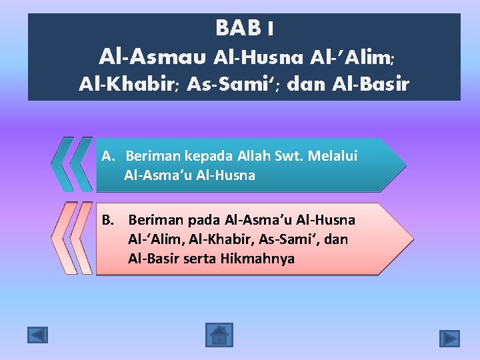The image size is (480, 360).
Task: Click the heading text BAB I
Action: [244, 29]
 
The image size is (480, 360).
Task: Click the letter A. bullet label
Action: [110, 156]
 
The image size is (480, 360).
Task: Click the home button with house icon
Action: [218, 335]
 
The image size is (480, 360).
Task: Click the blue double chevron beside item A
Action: [72, 165]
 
